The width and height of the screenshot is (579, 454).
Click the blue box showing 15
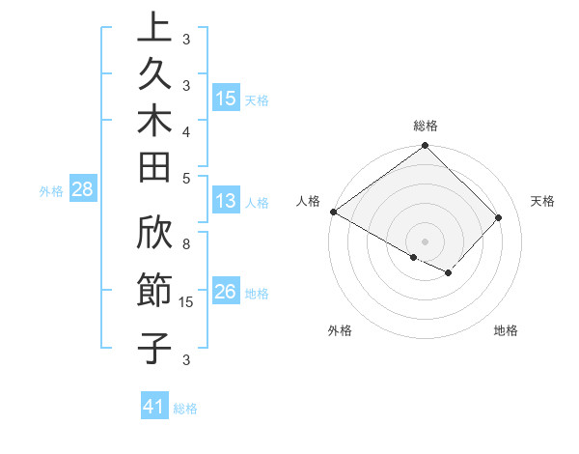226,99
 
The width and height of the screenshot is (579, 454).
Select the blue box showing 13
226,202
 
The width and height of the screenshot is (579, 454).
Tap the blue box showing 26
226,293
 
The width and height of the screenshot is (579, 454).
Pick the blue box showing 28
82,189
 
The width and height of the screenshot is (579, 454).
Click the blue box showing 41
154,408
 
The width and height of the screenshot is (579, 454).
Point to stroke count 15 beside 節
187,303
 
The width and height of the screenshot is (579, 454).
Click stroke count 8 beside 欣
186,244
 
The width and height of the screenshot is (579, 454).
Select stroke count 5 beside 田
186,178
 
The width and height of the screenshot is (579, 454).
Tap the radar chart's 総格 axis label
425,126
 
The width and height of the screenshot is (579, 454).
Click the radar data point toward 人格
334,212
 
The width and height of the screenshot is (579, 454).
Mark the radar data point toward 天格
499,217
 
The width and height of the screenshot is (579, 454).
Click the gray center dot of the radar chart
425,241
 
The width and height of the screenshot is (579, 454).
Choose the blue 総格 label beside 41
185,409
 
